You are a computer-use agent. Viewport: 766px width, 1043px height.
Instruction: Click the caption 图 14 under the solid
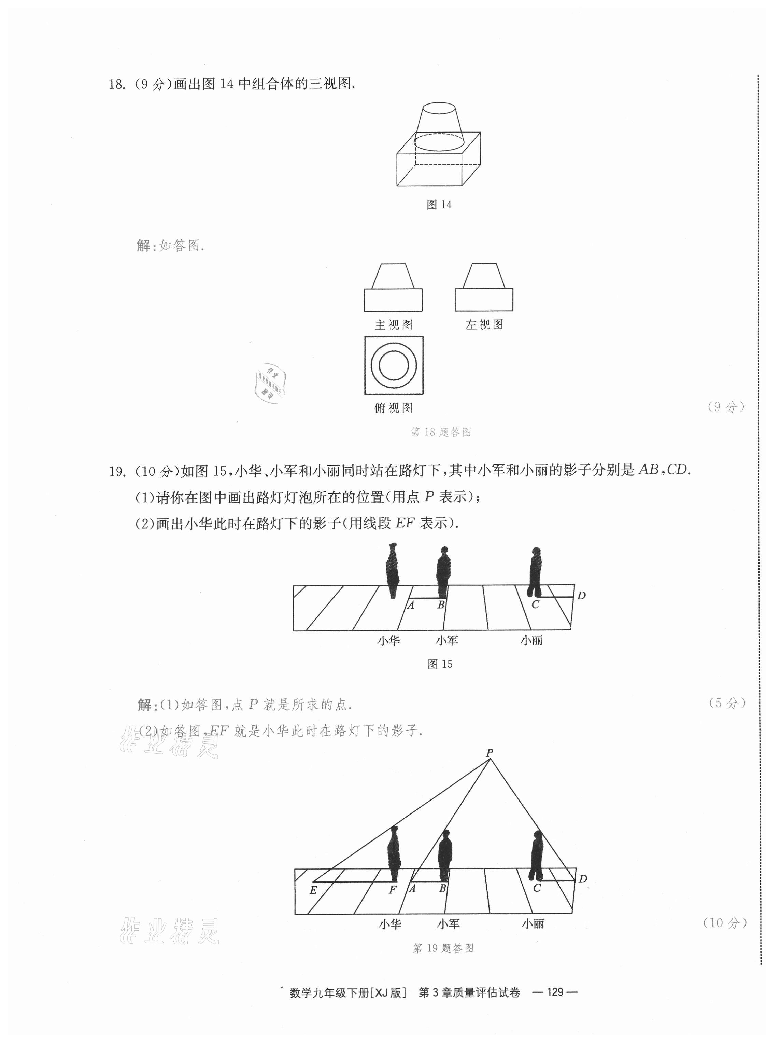point(439,205)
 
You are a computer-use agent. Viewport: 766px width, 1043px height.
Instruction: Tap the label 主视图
point(393,325)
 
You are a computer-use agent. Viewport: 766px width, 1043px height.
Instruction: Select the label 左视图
point(484,325)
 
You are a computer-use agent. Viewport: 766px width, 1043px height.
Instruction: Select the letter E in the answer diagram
point(313,890)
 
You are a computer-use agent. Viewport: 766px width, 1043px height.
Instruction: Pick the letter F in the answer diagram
point(392,890)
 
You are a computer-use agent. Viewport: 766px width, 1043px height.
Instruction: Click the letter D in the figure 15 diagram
point(581,595)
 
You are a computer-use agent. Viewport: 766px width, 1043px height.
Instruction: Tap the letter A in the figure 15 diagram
point(410,605)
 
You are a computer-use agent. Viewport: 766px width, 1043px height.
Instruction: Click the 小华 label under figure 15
point(388,641)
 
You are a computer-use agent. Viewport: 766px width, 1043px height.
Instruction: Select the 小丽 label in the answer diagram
point(533,924)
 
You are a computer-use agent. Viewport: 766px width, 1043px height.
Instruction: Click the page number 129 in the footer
point(555,992)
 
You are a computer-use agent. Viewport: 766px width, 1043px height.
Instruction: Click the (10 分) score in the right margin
point(725,923)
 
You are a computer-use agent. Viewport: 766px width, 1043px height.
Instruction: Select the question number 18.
point(116,84)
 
